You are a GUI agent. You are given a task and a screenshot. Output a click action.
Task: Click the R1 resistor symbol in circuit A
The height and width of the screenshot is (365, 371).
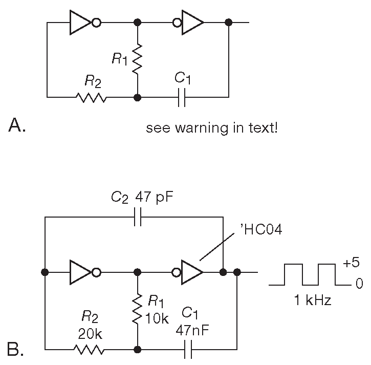tap(137, 59)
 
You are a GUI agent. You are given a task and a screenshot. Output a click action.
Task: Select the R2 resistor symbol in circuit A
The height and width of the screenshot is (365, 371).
tap(91, 97)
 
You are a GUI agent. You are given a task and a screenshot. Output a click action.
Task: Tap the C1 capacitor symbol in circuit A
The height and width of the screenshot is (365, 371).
tap(181, 97)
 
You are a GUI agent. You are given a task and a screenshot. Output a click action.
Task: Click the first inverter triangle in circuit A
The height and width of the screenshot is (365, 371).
tap(80, 23)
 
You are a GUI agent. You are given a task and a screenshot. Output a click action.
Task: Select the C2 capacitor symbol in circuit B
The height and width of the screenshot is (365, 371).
tap(137, 217)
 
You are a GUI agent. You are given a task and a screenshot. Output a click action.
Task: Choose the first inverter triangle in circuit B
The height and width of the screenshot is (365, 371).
tap(80, 272)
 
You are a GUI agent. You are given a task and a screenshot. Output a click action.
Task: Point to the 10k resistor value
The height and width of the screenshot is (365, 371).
tap(157, 318)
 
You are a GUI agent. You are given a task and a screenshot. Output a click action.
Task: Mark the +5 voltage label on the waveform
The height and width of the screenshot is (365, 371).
tap(352, 263)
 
